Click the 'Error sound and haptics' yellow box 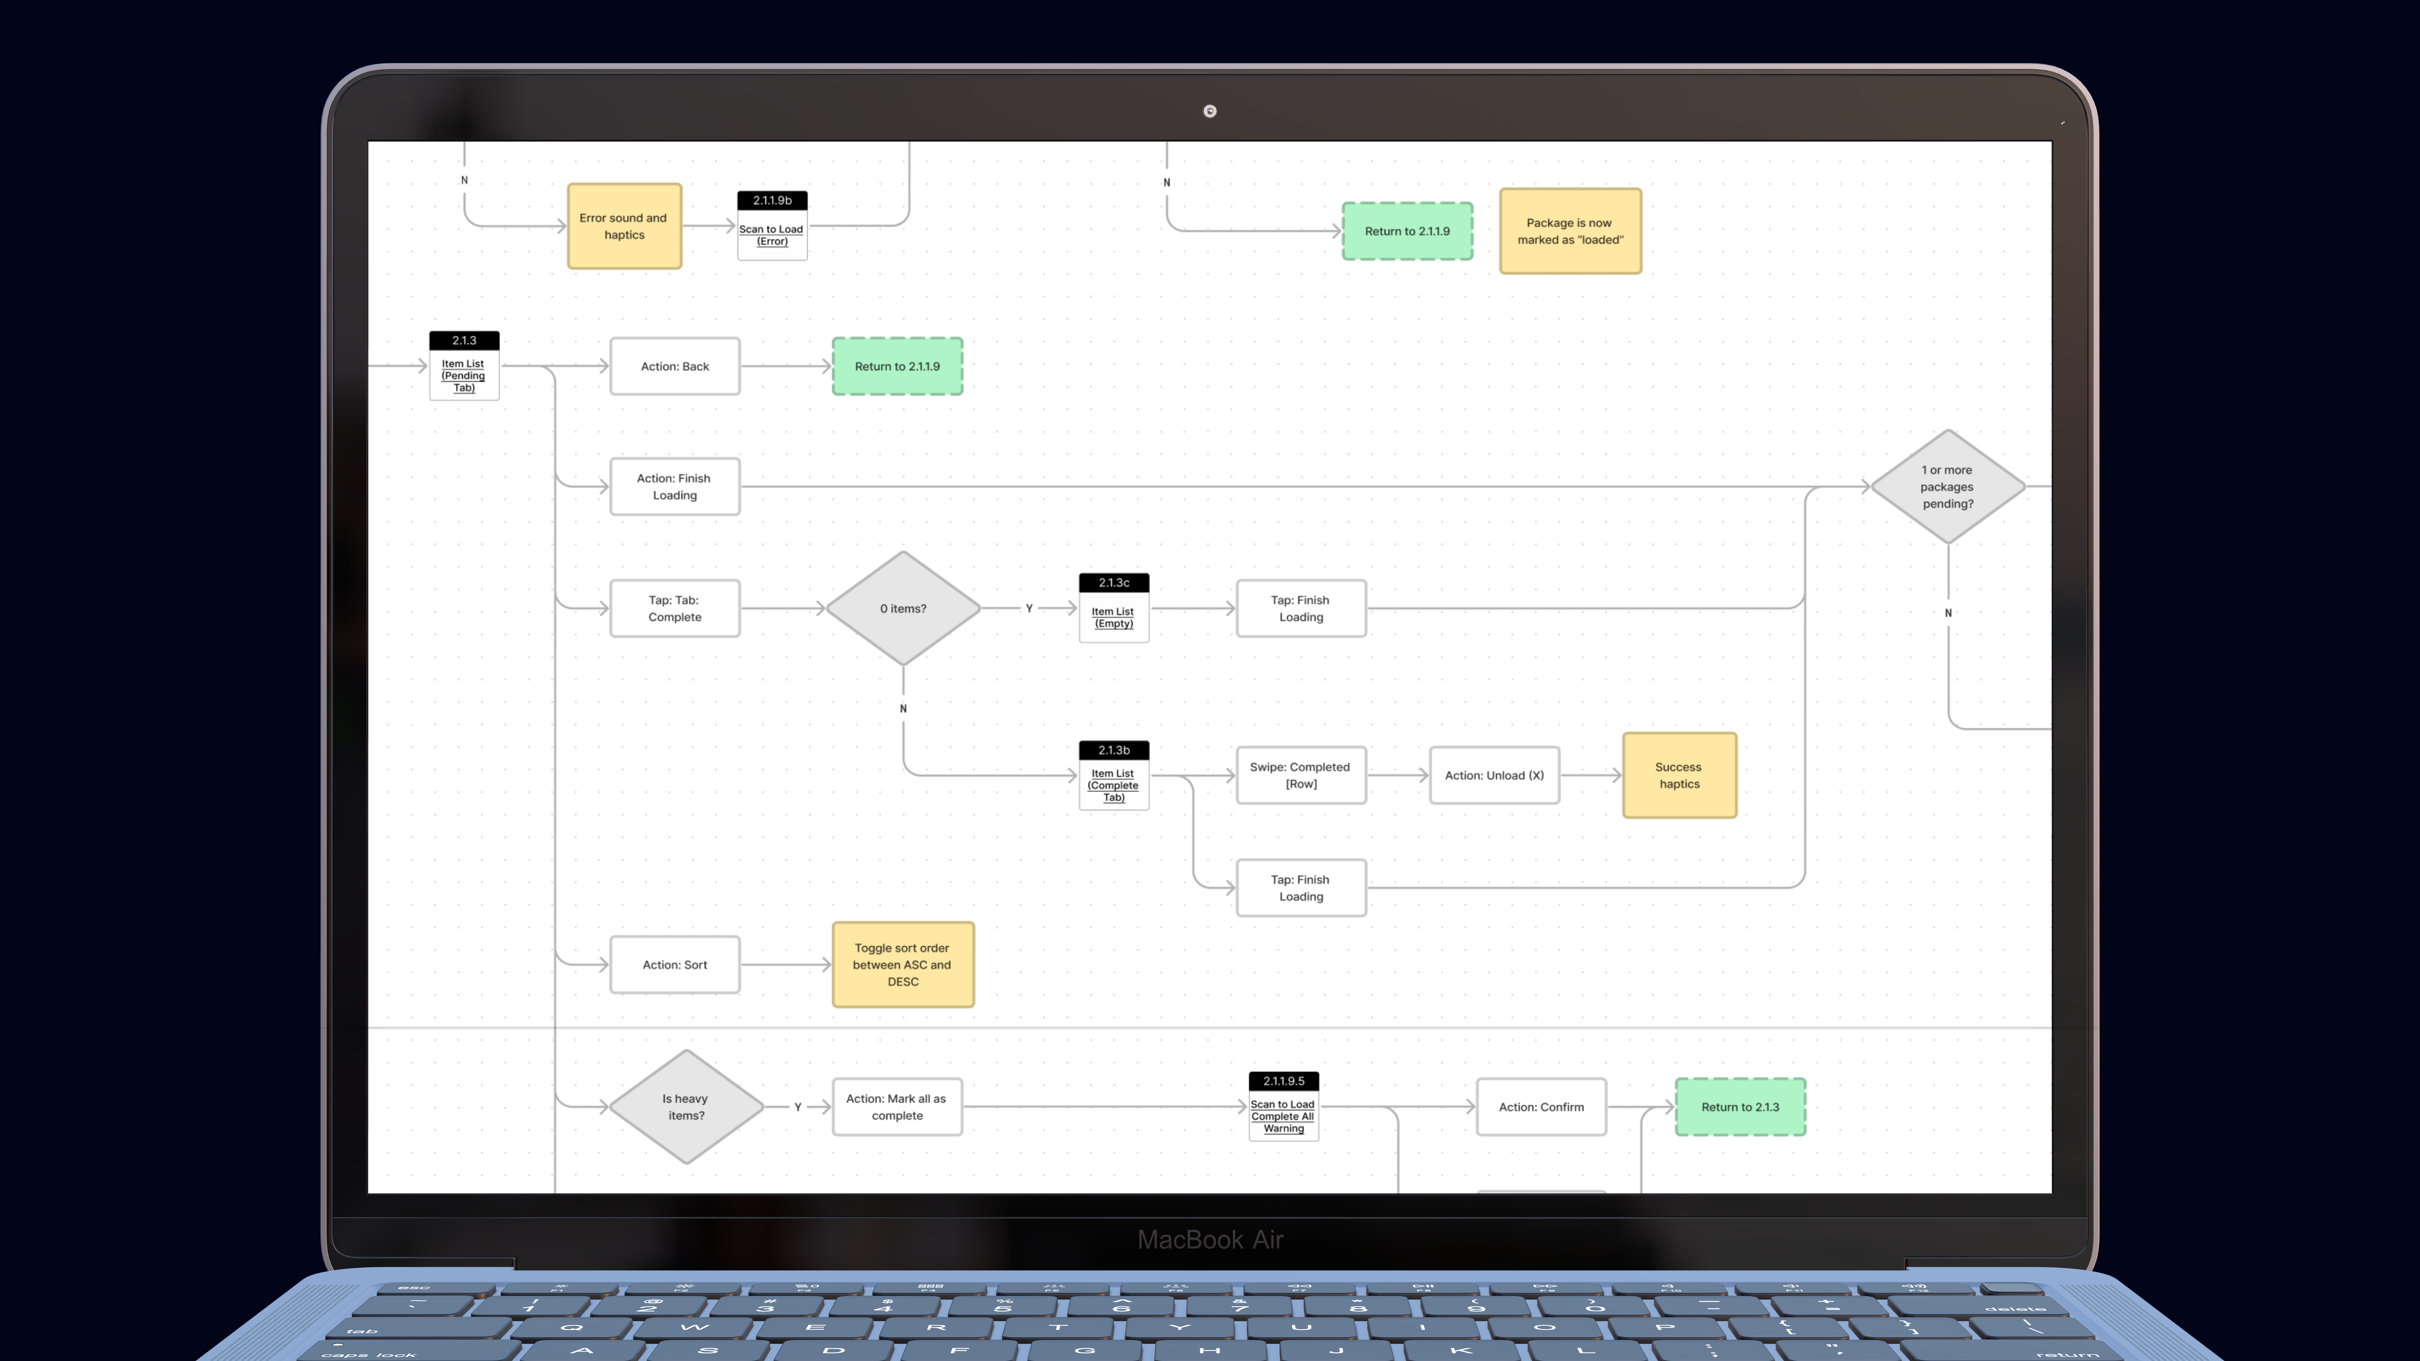pyautogui.click(x=624, y=227)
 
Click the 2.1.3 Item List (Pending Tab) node pyautogui.click(x=464, y=366)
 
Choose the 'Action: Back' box pyautogui.click(x=675, y=366)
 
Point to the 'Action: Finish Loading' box pyautogui.click(x=675, y=486)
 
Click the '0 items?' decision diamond pyautogui.click(x=903, y=609)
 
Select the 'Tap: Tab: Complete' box pyautogui.click(x=675, y=609)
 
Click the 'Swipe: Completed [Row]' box pyautogui.click(x=1300, y=776)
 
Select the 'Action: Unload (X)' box pyautogui.click(x=1494, y=776)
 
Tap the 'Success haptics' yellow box pyautogui.click(x=1679, y=776)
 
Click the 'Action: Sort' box pyautogui.click(x=675, y=965)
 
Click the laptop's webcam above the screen pyautogui.click(x=1210, y=111)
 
